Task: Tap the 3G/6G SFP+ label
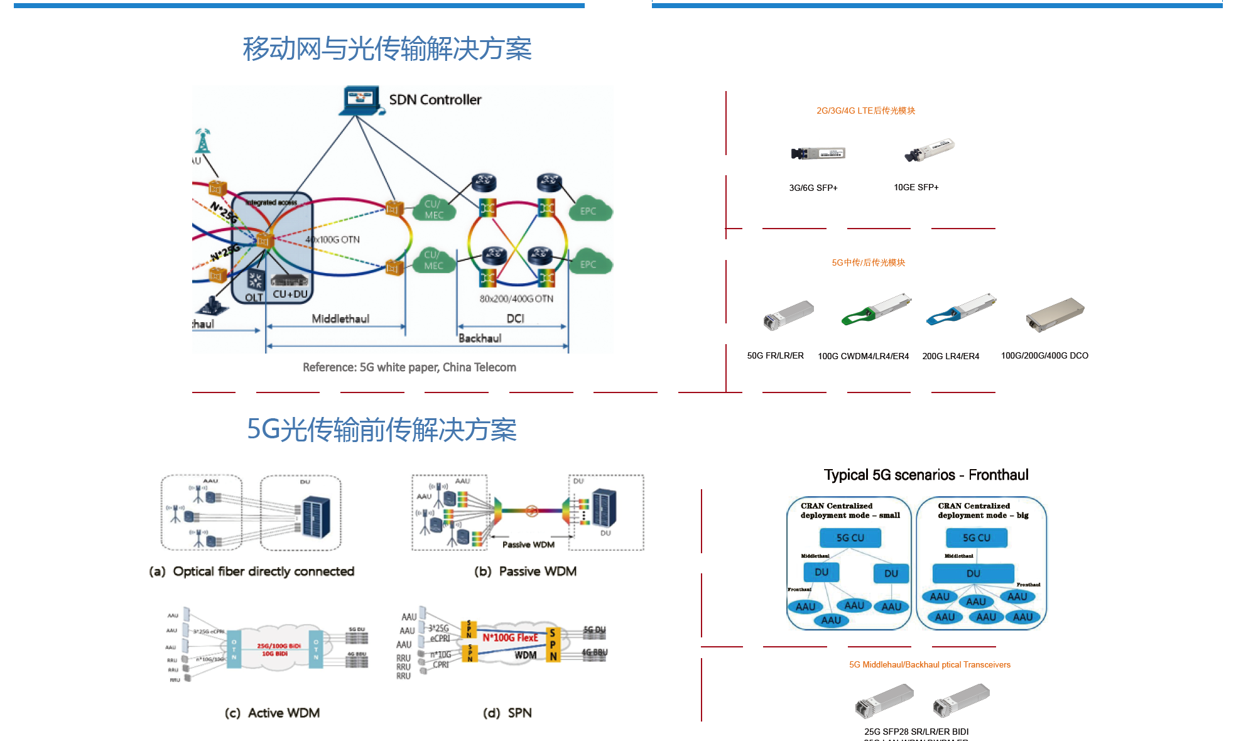813,188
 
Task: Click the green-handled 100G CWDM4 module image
876,309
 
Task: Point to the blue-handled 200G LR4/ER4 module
961,309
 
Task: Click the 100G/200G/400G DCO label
1044,355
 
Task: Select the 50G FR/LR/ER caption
775,355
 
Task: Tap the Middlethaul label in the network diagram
340,318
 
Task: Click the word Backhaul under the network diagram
480,338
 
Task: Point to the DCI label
515,318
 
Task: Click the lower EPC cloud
588,264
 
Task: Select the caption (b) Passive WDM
525,571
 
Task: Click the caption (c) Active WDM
272,713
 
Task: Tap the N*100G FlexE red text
510,637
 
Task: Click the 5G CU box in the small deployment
850,538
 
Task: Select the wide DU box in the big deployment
973,573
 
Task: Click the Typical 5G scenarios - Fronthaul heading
926,475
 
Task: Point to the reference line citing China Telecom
409,367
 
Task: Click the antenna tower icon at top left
202,141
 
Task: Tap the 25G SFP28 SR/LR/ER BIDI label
916,732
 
